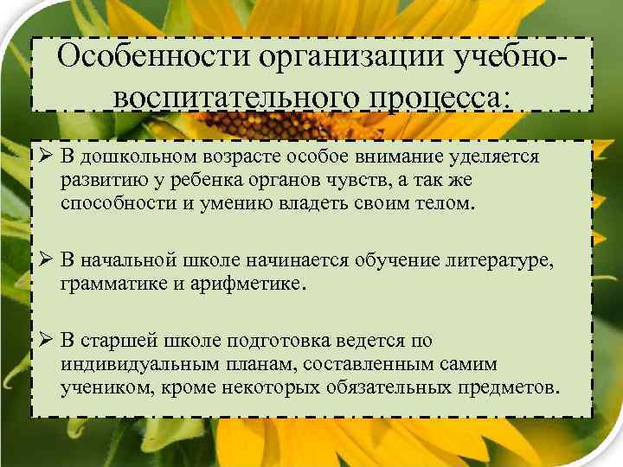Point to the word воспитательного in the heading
pyautogui.click(x=228, y=96)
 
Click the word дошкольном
pyautogui.click(x=131, y=157)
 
